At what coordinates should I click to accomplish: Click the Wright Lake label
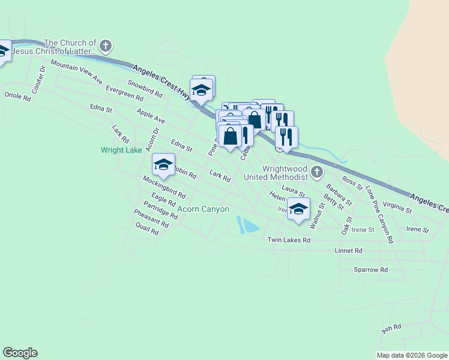pyautogui.click(x=121, y=150)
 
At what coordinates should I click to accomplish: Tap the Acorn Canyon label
pyautogui.click(x=203, y=209)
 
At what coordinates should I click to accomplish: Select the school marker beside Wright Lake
pyautogui.click(x=163, y=165)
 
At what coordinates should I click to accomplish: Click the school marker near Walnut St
pyautogui.click(x=298, y=209)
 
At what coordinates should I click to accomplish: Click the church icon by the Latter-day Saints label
pyautogui.click(x=106, y=46)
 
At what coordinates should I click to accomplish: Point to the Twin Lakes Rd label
pyautogui.click(x=289, y=240)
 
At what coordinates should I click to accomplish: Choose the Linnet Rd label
pyautogui.click(x=350, y=250)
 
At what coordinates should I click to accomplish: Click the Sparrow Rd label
pyautogui.click(x=370, y=270)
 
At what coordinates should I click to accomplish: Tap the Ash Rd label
pyautogui.click(x=391, y=328)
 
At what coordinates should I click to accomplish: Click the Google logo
pyautogui.click(x=20, y=353)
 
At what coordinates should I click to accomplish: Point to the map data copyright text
pyautogui.click(x=412, y=355)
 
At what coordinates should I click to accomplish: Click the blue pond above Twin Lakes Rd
pyautogui.click(x=248, y=226)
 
